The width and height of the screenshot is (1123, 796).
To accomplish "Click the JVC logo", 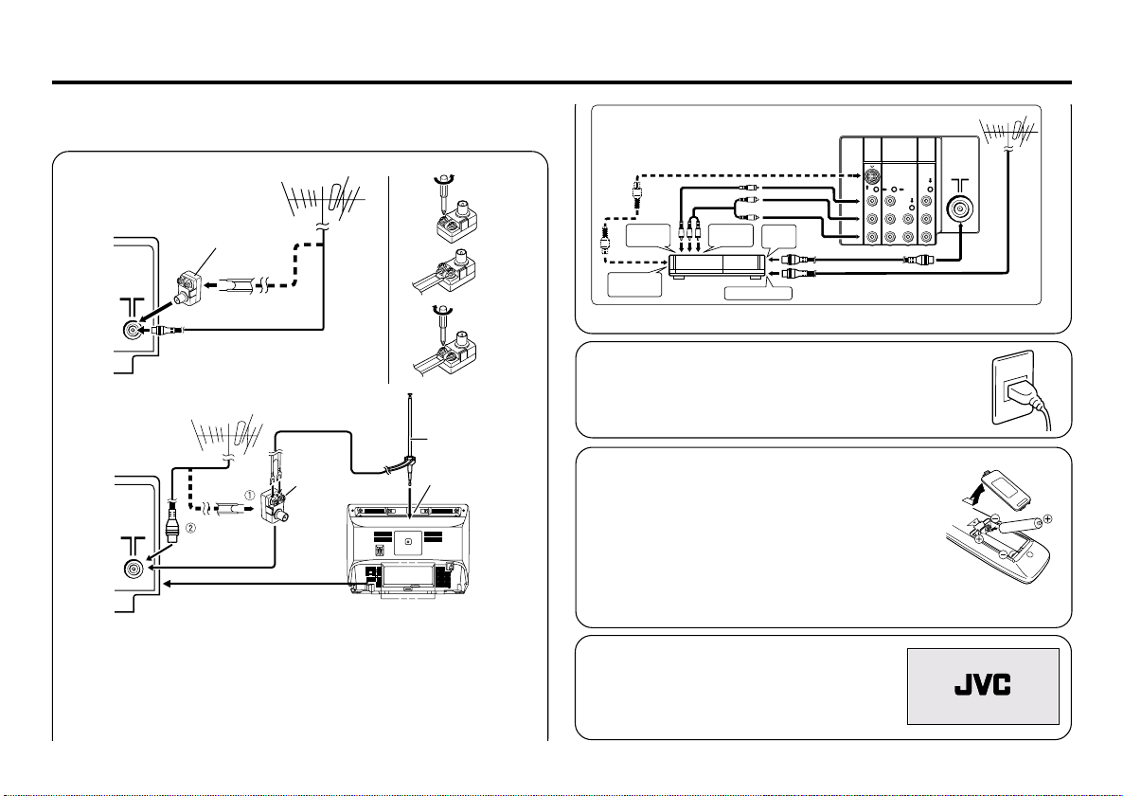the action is pos(982,686).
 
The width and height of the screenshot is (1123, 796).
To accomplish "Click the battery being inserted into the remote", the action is pos(1022,527).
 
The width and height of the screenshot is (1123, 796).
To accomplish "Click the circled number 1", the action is pos(250,494).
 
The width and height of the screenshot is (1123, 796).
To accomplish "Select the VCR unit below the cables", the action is pos(716,266).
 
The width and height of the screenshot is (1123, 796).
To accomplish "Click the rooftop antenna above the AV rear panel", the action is pos(1007,132).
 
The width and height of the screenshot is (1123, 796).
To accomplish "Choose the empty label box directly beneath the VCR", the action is pos(758,292).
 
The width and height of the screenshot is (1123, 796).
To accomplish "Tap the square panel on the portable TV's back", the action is pos(407,541).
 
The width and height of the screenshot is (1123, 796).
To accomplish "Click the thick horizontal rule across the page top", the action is pos(561,82).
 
